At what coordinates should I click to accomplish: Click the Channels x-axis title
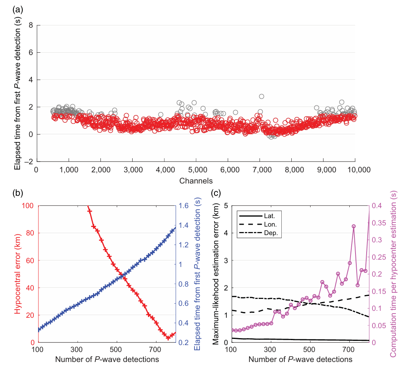[x=196, y=180]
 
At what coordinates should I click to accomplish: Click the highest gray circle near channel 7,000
[x=261, y=96]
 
